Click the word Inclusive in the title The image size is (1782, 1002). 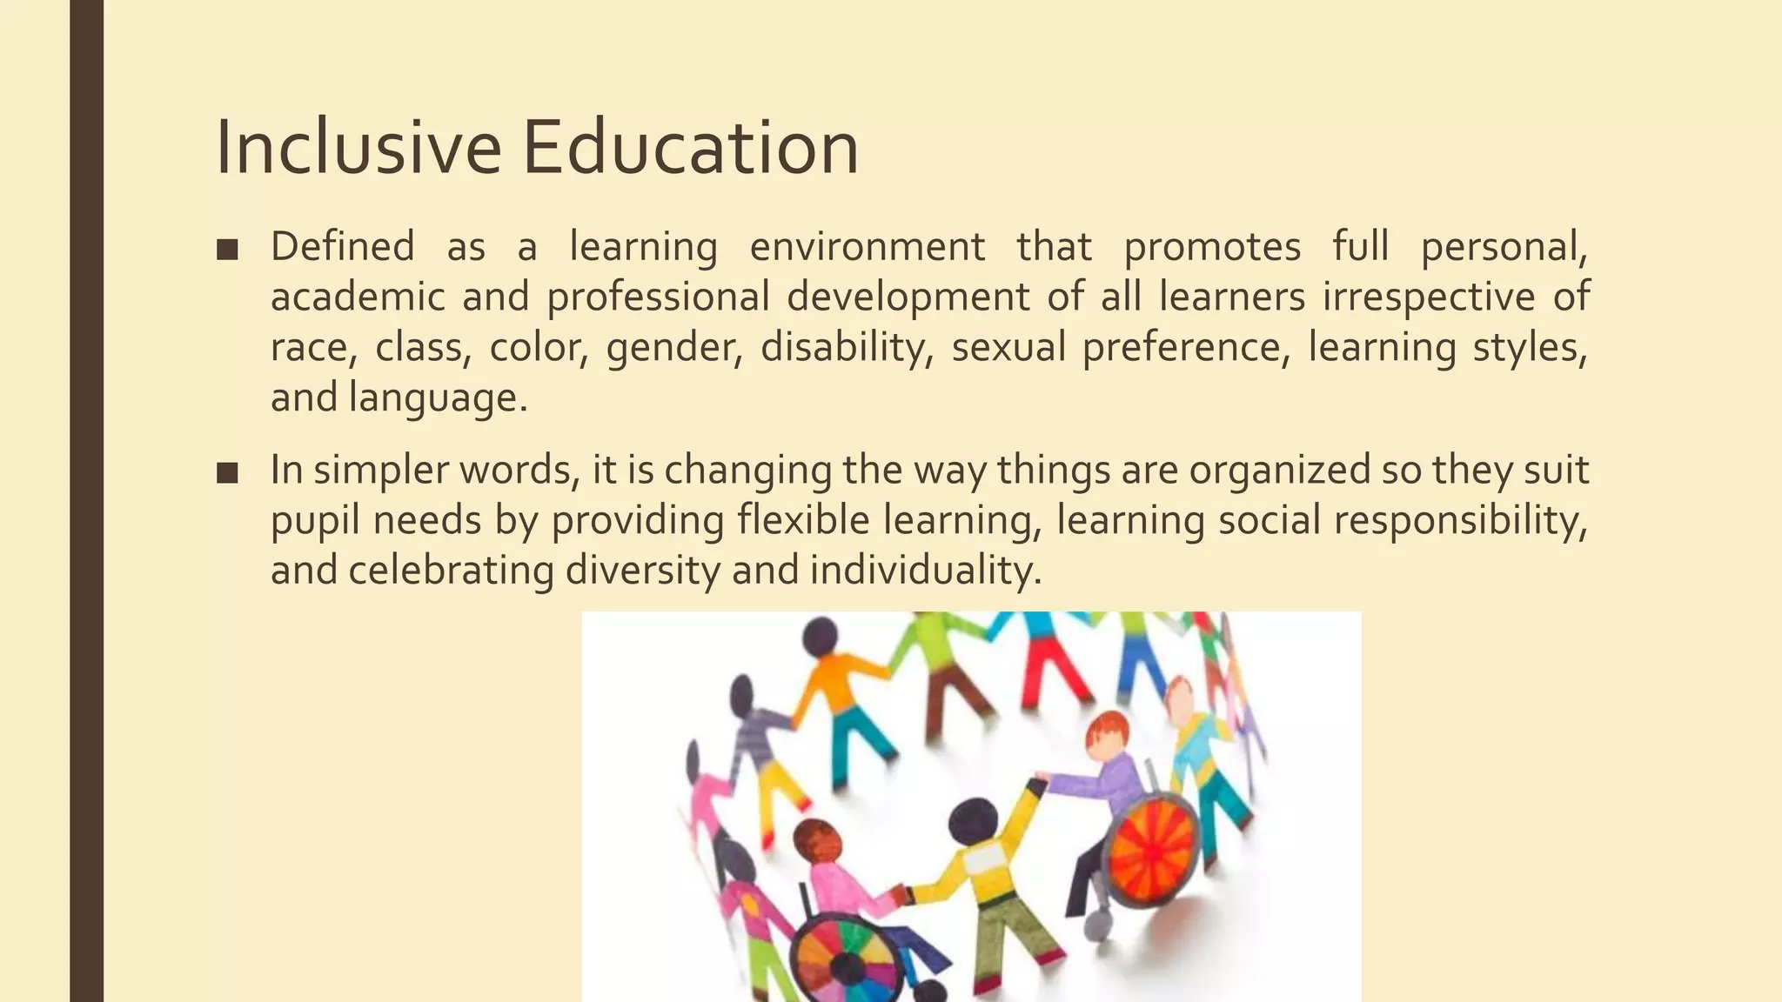click(x=358, y=148)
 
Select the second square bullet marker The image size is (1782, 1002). click(x=227, y=473)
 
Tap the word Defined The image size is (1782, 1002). click(x=342, y=246)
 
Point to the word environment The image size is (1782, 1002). click(x=867, y=246)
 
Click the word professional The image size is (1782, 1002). click(x=658, y=297)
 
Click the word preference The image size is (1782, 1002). click(x=1186, y=347)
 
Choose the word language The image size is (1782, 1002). click(x=438, y=397)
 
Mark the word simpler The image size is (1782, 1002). click(x=381, y=470)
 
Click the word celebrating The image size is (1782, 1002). click(x=451, y=571)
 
